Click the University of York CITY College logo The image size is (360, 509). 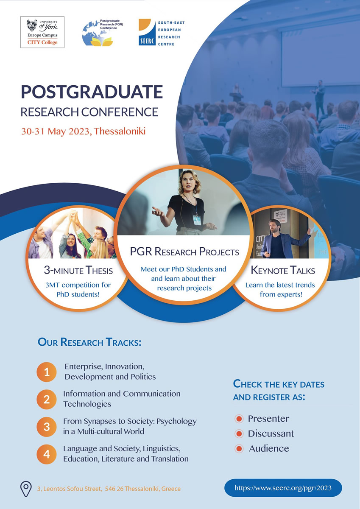42,32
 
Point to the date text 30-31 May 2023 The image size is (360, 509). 56,131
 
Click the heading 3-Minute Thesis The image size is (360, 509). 78,270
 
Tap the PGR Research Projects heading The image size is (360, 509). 184,252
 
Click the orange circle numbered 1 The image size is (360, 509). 47,372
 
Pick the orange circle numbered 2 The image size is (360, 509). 47,399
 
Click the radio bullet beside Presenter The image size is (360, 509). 239,419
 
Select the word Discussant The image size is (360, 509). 271,433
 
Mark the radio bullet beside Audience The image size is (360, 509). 239,448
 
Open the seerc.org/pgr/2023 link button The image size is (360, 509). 283,488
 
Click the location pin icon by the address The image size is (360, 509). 26,488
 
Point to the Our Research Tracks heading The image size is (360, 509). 89,342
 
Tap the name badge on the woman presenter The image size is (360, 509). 197,219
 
